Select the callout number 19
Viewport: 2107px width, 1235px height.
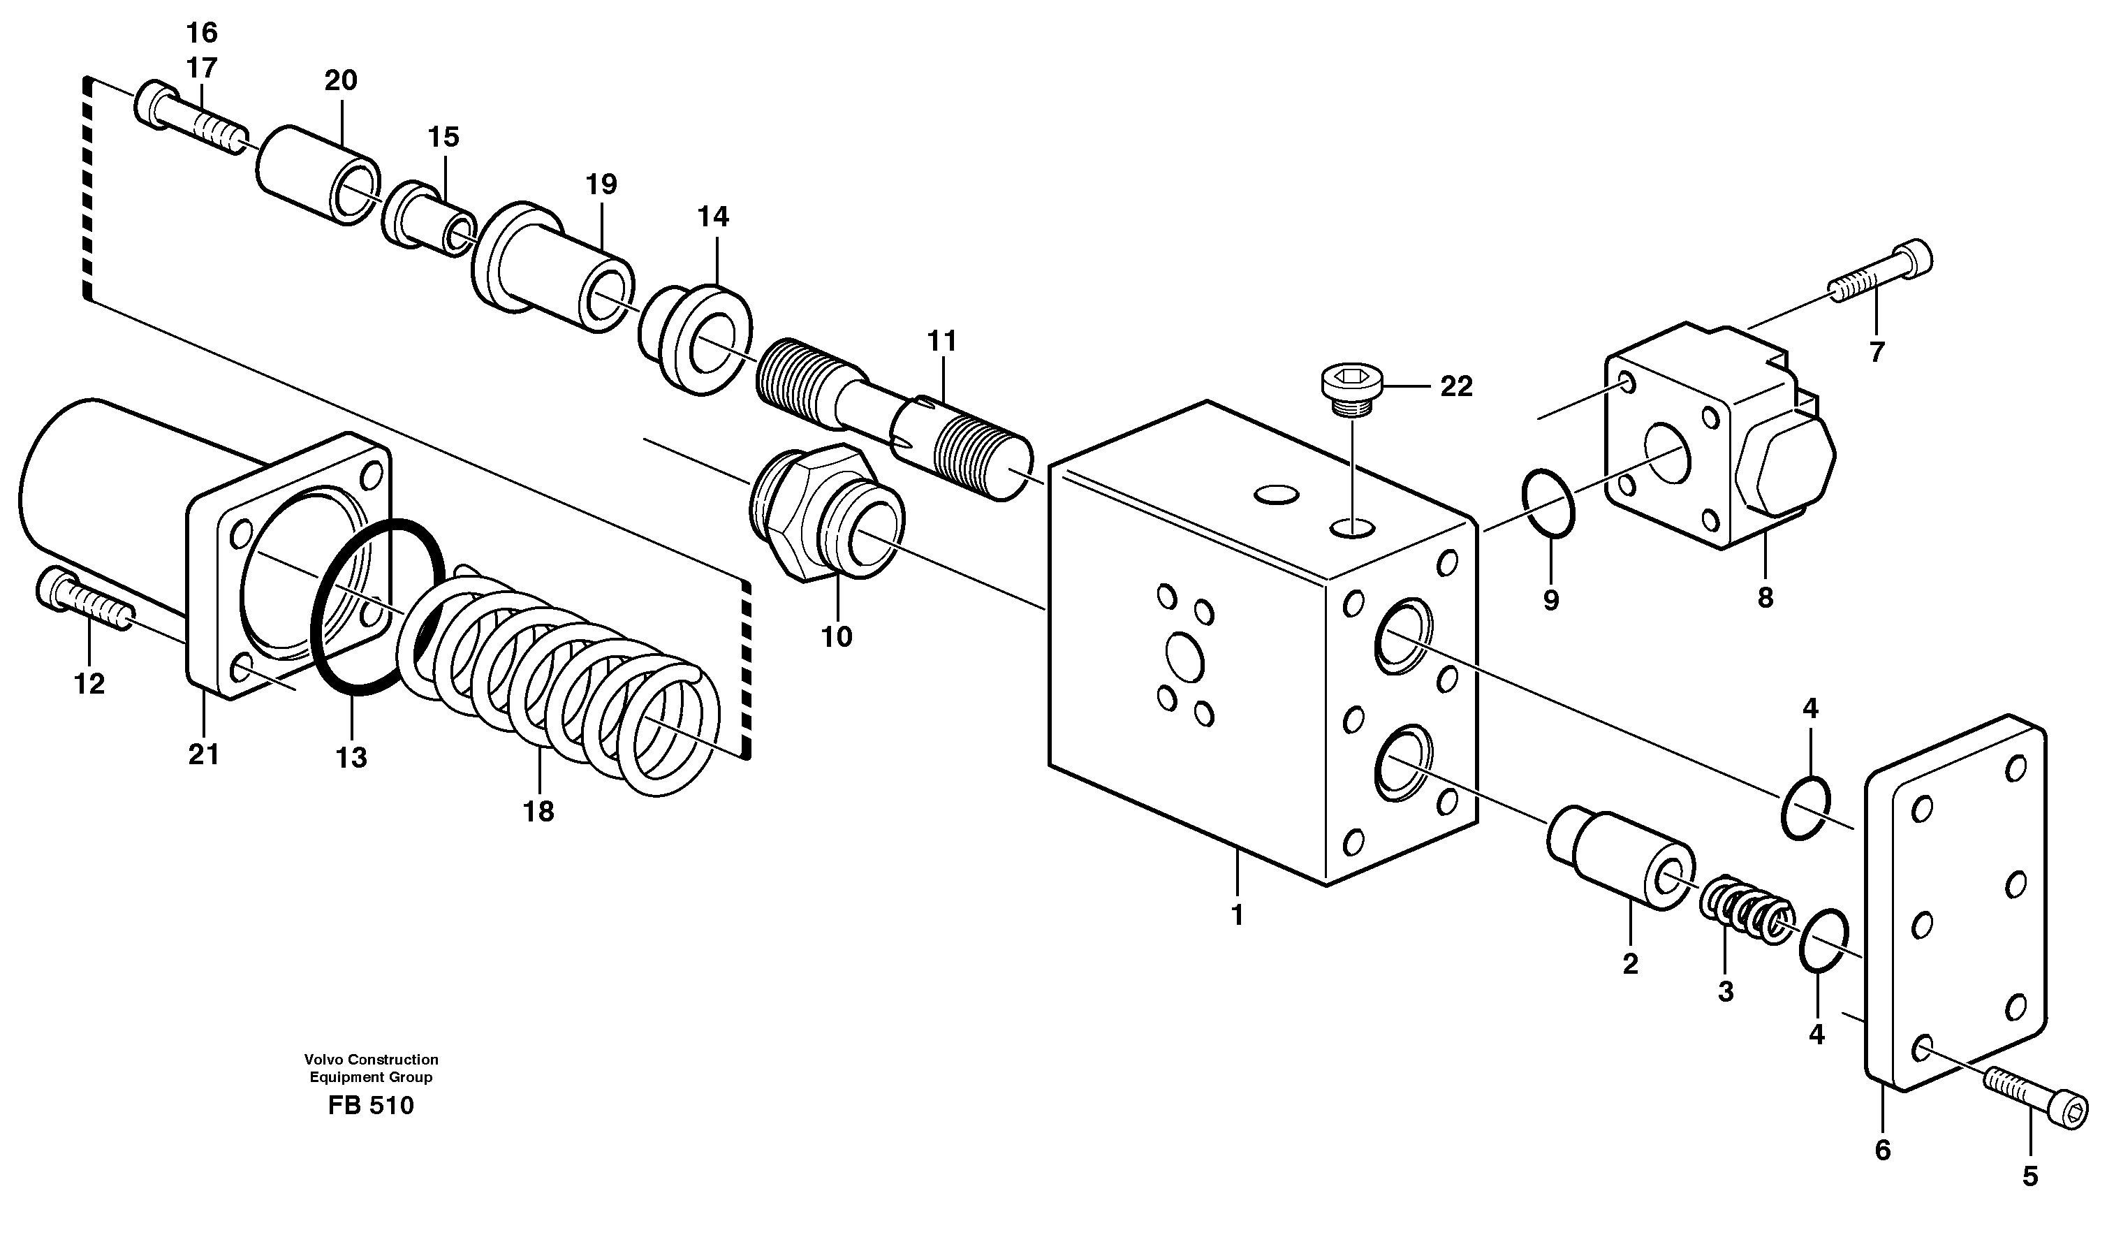601,184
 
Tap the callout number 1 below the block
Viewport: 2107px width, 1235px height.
1238,916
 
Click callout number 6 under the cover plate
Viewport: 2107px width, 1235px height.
1882,1150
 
